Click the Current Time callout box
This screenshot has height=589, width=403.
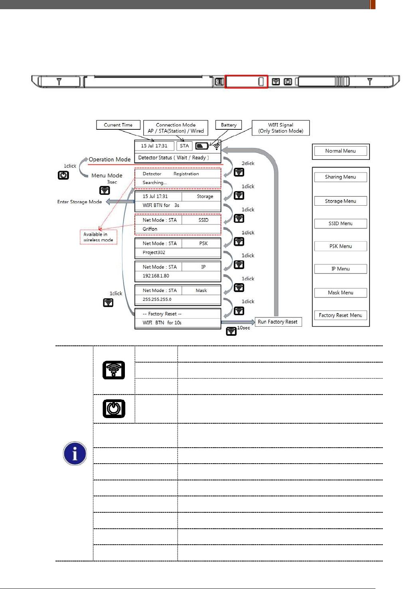(x=118, y=125)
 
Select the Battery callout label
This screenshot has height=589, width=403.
(x=229, y=125)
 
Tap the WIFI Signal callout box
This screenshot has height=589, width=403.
(x=281, y=128)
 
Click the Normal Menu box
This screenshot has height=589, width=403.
(x=340, y=151)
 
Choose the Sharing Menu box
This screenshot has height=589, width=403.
(x=340, y=177)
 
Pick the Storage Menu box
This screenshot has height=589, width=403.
(x=340, y=201)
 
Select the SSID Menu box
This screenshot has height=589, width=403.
(x=340, y=224)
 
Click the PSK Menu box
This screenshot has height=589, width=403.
(x=340, y=246)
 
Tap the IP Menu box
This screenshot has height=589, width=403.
(x=340, y=269)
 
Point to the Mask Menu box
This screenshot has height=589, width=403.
(x=340, y=293)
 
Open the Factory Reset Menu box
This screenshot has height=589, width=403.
(x=340, y=315)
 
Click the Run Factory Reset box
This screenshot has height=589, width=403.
(x=278, y=322)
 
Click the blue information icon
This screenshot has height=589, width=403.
(x=75, y=454)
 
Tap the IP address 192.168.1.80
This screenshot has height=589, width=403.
(x=156, y=276)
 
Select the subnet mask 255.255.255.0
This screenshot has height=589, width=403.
(x=157, y=299)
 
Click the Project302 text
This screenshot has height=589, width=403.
(x=154, y=252)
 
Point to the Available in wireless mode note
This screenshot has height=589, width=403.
(x=98, y=237)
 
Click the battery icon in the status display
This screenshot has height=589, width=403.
(x=202, y=146)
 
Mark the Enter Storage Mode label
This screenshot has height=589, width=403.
(x=79, y=202)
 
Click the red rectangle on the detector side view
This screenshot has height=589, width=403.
(x=246, y=81)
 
